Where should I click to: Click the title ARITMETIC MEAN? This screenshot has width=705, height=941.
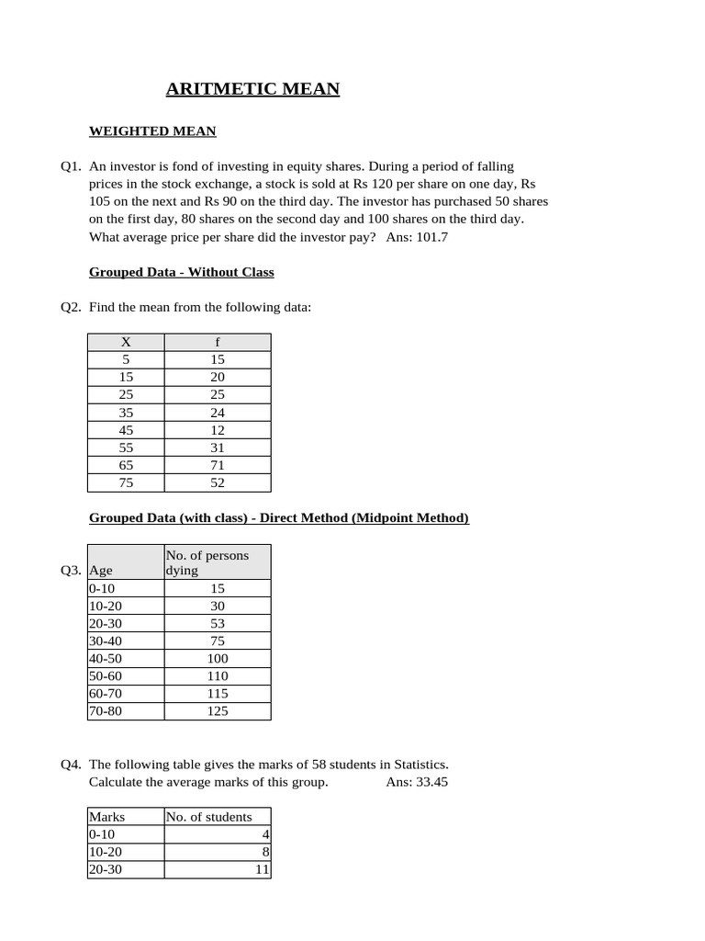[252, 89]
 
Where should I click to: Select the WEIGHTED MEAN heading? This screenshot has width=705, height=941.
[152, 131]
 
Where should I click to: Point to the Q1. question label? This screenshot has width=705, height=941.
[72, 166]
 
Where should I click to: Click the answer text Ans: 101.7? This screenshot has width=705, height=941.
[417, 237]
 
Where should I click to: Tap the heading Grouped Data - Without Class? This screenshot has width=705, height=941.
[181, 272]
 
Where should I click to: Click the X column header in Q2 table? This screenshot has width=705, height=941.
[126, 342]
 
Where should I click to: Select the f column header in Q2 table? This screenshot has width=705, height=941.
[218, 342]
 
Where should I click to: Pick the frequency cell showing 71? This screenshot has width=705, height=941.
[218, 465]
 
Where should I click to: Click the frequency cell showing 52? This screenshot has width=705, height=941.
[218, 482]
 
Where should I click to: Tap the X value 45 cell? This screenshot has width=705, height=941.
[126, 430]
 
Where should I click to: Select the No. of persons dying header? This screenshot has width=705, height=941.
[207, 562]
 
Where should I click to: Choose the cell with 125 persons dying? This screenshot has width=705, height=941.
[218, 711]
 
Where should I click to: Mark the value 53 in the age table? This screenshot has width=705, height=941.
[218, 624]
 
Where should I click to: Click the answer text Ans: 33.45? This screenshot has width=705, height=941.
[417, 782]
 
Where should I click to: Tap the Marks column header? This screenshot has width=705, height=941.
[106, 816]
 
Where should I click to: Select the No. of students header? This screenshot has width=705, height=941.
[208, 816]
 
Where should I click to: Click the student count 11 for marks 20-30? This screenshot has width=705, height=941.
[262, 869]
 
